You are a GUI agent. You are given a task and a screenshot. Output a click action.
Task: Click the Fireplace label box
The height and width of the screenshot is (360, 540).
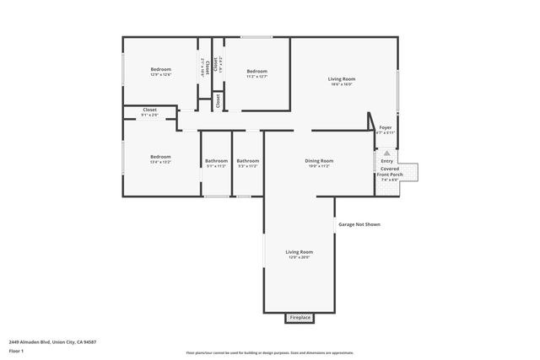tap(300, 318)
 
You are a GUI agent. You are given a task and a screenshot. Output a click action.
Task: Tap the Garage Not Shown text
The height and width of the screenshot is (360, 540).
tap(359, 225)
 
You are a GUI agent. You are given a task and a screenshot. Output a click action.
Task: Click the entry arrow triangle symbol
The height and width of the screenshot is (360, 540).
tap(386, 153)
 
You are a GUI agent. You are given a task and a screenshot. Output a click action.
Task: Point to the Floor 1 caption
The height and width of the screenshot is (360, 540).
tap(15, 352)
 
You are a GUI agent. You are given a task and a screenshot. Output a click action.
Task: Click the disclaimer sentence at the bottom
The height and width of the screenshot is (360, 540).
tap(269, 352)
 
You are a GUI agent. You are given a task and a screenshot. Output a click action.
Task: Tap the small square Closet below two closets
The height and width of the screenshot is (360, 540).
tap(218, 101)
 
